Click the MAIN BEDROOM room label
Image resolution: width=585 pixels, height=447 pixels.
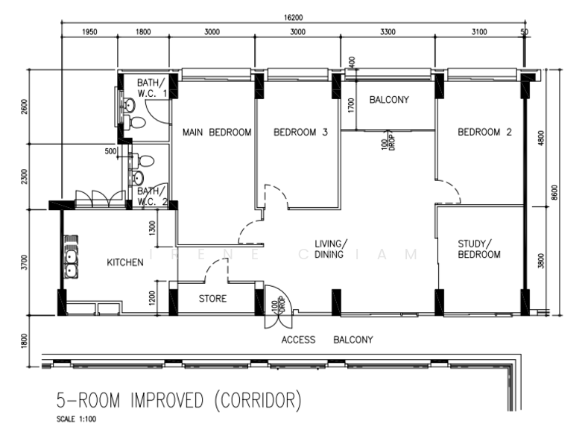pos(217,133)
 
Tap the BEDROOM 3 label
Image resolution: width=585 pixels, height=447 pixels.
pos(300,133)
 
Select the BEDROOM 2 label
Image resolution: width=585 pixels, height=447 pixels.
pos(484,133)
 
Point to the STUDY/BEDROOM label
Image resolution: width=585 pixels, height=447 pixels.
pos(479,249)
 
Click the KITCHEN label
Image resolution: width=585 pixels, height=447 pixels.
pos(124,262)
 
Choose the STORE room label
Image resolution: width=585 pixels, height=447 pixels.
pos(212,299)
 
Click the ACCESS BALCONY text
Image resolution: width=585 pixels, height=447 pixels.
pos(326,340)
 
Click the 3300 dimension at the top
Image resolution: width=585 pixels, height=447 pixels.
pos(387,32)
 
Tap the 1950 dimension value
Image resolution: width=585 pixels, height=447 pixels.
pos(89,32)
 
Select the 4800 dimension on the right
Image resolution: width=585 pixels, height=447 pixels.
pos(540,138)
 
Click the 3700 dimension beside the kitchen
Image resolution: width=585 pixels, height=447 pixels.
pos(25,262)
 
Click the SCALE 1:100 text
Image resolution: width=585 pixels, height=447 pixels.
pos(76,420)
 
